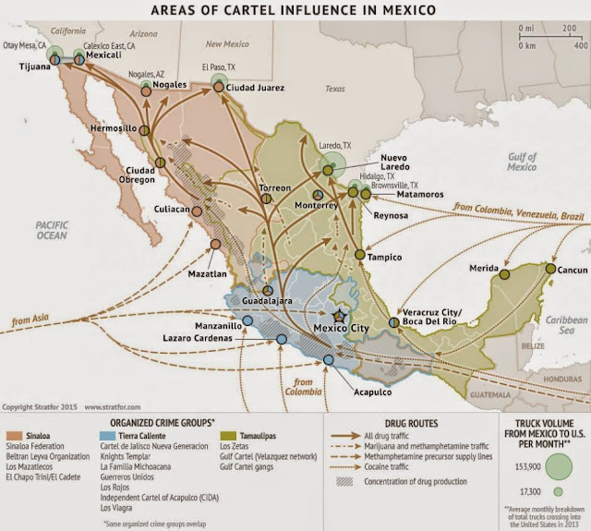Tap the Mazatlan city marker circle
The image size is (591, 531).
click(215, 245)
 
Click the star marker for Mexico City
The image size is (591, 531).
click(339, 317)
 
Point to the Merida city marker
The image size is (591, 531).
click(504, 274)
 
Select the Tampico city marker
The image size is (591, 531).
click(359, 254)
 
